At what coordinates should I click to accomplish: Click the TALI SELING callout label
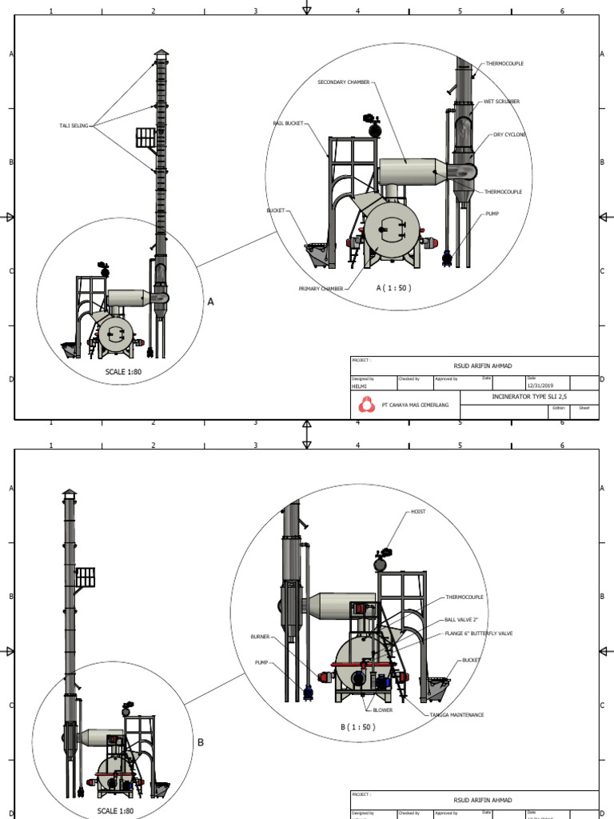tap(74, 125)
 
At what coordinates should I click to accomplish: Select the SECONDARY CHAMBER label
tap(345, 82)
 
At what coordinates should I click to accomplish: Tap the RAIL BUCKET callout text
tap(288, 123)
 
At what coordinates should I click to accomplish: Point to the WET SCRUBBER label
tap(501, 102)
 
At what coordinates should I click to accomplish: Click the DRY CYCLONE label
tap(509, 135)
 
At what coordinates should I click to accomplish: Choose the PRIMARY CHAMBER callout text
tap(321, 289)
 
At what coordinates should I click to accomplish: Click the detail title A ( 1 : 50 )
tap(393, 287)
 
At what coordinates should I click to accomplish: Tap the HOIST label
tap(419, 511)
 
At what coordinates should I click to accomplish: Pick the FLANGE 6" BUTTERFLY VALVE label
tap(479, 633)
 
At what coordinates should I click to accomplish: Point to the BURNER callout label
tap(260, 637)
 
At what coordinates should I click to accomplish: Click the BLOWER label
tap(382, 709)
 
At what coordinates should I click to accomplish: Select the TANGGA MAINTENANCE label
tap(457, 715)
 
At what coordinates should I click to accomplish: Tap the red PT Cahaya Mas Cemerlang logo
tap(365, 405)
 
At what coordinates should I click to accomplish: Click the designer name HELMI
tap(359, 386)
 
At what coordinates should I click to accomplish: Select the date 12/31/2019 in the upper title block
tap(540, 386)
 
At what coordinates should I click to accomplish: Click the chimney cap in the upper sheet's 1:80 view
tap(161, 54)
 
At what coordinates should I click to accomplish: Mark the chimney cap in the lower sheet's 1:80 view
tap(70, 493)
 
